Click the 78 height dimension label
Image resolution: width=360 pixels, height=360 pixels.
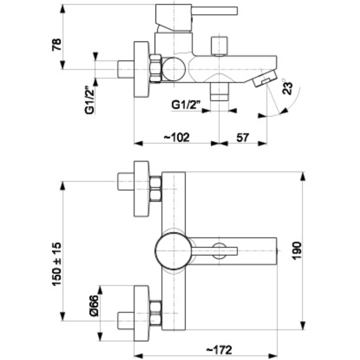pyautogui.click(x=56, y=44)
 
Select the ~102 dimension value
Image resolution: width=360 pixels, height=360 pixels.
pyautogui.click(x=176, y=137)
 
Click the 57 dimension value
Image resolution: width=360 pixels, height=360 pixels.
pyautogui.click(x=243, y=137)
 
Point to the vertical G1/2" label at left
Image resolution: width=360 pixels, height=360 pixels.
pyautogui.click(x=88, y=100)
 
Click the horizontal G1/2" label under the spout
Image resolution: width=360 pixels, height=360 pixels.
pyautogui.click(x=186, y=105)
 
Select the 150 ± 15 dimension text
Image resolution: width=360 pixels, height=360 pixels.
pyautogui.click(x=56, y=264)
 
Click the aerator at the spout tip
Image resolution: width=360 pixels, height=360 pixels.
pyautogui.click(x=264, y=78)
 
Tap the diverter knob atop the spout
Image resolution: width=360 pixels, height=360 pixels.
pyautogui.click(x=219, y=46)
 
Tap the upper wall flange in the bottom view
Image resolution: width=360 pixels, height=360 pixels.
pyautogui.click(x=141, y=189)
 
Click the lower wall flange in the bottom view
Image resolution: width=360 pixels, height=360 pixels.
pyautogui.click(x=141, y=313)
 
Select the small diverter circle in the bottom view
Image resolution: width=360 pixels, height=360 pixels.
pyautogui.click(x=219, y=251)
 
